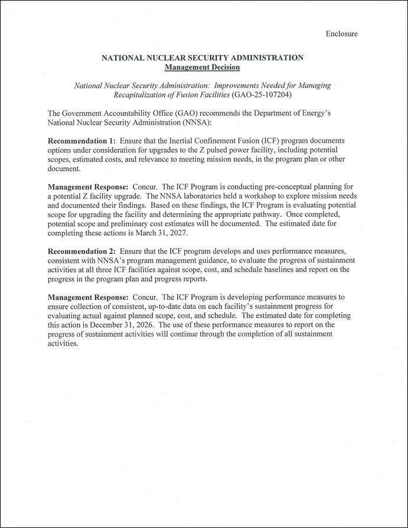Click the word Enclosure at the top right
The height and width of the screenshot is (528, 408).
click(x=341, y=34)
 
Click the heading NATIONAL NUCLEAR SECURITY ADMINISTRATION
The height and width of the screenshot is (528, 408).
click(x=203, y=58)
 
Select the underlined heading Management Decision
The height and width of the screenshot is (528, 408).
click(x=203, y=67)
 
